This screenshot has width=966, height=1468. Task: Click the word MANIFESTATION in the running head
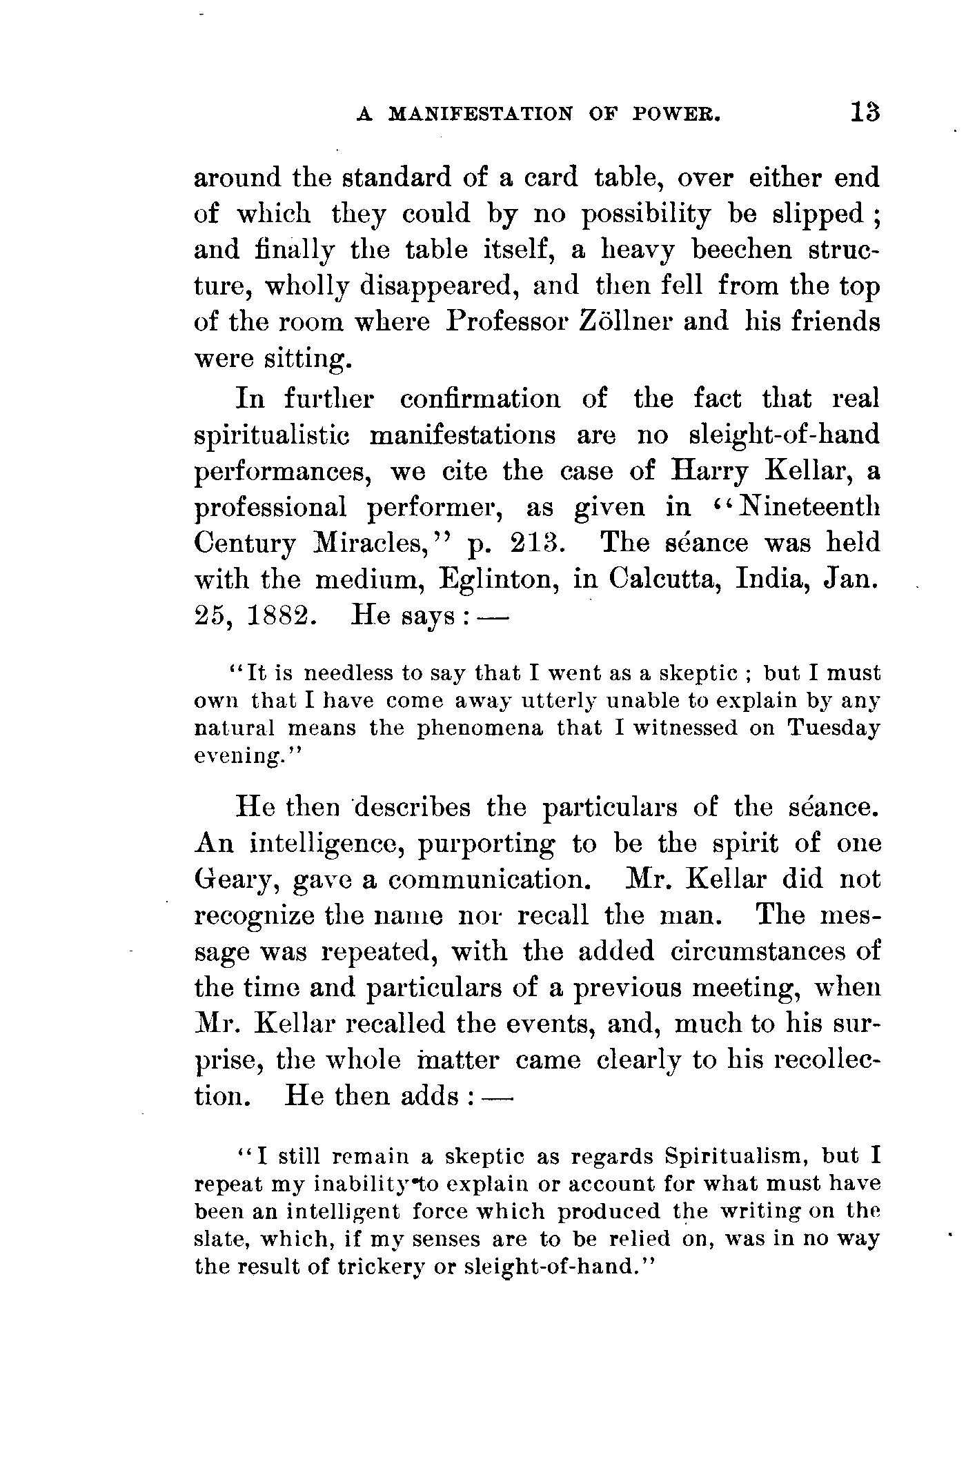[481, 115]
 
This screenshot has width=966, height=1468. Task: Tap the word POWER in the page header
[676, 115]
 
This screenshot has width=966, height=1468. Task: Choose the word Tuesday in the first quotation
[834, 728]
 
